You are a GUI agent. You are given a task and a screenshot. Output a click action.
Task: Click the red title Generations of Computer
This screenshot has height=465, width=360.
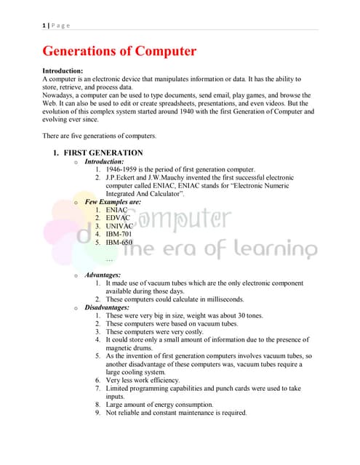click(119, 52)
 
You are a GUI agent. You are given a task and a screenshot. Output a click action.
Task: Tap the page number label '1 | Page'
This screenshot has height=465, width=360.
click(56, 25)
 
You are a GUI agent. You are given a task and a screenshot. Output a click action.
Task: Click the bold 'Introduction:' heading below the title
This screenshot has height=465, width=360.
click(63, 70)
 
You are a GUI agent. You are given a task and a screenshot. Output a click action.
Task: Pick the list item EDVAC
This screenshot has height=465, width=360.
click(118, 217)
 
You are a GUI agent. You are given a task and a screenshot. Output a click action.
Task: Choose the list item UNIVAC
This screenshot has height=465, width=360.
click(120, 226)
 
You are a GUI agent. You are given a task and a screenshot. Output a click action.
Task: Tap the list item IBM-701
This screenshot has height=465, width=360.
click(119, 234)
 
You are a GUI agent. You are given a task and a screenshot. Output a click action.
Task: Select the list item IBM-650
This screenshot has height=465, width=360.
click(119, 243)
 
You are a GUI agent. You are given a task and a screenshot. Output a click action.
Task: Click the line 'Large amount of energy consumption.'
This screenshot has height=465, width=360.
click(160, 405)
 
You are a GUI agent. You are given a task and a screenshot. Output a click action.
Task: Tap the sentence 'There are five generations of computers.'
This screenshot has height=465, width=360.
click(100, 136)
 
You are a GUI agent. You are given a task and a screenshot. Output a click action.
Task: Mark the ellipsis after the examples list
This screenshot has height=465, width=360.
click(109, 259)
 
